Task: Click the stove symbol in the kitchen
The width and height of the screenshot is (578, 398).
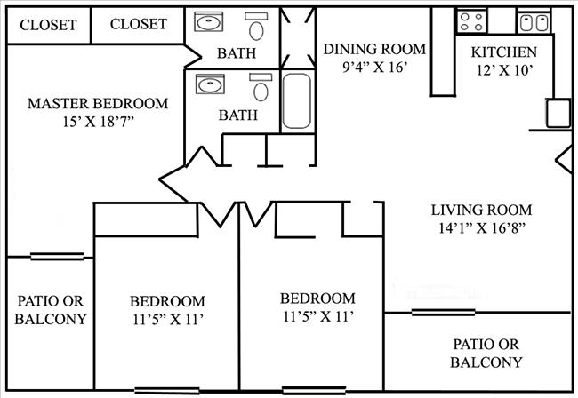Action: [470, 20]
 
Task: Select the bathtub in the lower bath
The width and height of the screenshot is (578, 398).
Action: [296, 102]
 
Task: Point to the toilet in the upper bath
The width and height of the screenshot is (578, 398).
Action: [257, 28]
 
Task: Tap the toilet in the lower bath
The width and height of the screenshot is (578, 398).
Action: [261, 89]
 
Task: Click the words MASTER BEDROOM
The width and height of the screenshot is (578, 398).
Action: [98, 104]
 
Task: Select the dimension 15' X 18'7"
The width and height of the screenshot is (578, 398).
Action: [98, 122]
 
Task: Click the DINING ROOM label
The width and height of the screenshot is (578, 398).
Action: [374, 49]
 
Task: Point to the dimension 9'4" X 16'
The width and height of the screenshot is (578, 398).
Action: [374, 67]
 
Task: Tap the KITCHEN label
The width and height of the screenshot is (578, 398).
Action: [503, 52]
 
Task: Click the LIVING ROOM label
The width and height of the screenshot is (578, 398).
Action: [481, 211]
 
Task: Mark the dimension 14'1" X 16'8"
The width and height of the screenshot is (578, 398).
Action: [481, 228]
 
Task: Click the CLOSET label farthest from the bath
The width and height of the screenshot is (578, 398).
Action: [48, 25]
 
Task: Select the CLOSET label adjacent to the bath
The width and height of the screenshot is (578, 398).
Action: [138, 24]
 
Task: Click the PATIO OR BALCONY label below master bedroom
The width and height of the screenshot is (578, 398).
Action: [51, 310]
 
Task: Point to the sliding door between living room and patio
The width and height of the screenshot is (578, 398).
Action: [442, 312]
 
